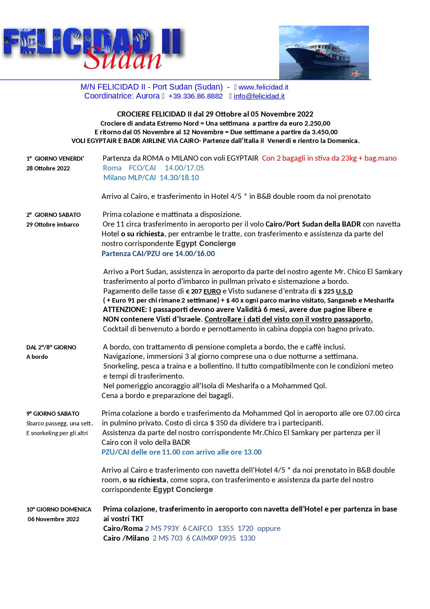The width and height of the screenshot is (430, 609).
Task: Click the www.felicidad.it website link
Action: tap(263, 87)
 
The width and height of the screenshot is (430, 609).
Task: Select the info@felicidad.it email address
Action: tap(259, 96)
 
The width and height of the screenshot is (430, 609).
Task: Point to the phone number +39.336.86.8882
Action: tap(196, 96)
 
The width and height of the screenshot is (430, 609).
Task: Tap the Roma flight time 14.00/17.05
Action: tap(184, 168)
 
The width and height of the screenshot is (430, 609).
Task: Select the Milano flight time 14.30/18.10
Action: tap(179, 178)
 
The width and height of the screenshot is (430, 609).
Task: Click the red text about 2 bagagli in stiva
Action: tap(329, 158)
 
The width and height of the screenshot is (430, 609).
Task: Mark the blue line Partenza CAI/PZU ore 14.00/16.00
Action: tap(158, 254)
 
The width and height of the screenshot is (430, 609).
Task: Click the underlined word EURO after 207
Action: tap(212, 291)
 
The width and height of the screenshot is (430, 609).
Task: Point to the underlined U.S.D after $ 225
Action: tap(344, 291)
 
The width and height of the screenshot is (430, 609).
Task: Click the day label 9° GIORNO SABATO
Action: tap(53, 414)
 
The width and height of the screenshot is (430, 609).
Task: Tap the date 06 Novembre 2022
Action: tap(53, 519)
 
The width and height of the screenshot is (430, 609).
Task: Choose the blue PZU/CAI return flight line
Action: tap(181, 452)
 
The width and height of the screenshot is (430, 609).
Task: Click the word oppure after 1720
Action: tap(269, 528)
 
